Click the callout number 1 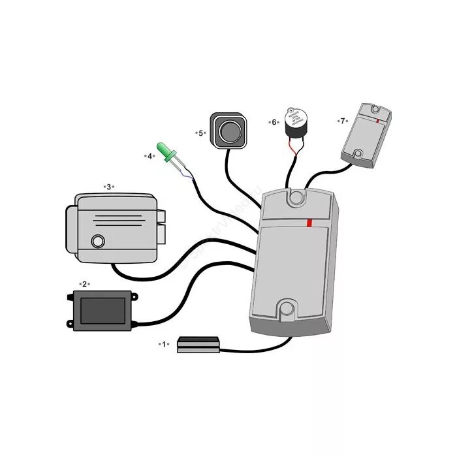[x=164, y=343]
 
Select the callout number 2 [x=83, y=284]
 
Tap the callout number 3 [x=108, y=186]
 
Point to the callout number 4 [x=150, y=156]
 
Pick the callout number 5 [x=201, y=133]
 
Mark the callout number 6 [x=274, y=122]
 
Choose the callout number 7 [x=342, y=121]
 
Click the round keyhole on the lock [x=98, y=242]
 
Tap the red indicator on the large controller [x=309, y=223]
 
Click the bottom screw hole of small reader [x=357, y=155]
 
